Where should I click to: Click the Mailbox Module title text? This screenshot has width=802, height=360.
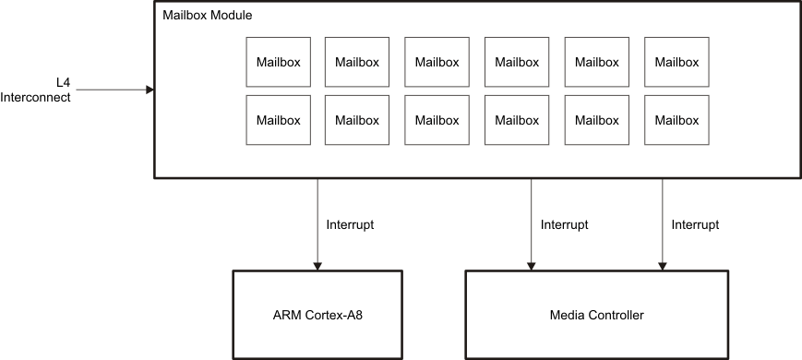[x=207, y=16]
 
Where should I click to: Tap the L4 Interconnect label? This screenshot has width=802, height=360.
[x=36, y=90]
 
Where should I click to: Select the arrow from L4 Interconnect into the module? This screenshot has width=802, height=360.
[x=111, y=90]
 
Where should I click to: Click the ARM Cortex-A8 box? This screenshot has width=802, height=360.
[x=317, y=315]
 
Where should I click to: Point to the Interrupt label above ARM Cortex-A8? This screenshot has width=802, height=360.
[x=351, y=224]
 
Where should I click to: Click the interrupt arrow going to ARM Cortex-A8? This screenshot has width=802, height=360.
[x=317, y=222]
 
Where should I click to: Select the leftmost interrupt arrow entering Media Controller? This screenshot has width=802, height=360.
[x=531, y=222]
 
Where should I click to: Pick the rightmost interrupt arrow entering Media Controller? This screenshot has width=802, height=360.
[x=662, y=222]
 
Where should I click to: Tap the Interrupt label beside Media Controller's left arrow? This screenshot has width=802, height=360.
[x=564, y=224]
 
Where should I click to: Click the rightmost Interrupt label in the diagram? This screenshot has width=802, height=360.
[x=695, y=224]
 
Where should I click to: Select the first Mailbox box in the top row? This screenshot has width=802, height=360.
[x=278, y=63]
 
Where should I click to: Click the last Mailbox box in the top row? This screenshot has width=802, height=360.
[x=676, y=63]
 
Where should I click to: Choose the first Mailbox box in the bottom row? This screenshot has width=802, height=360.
[x=278, y=120]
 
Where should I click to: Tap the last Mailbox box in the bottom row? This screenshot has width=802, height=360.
[x=676, y=120]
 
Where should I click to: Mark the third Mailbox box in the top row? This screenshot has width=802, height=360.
[x=437, y=63]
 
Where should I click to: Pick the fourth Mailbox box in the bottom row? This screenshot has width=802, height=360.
[x=517, y=120]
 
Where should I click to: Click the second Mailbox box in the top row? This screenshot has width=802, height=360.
[x=357, y=63]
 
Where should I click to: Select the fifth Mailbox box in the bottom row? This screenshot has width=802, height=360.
[x=597, y=120]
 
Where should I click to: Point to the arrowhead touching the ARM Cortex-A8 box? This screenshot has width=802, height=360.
[x=317, y=265]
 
